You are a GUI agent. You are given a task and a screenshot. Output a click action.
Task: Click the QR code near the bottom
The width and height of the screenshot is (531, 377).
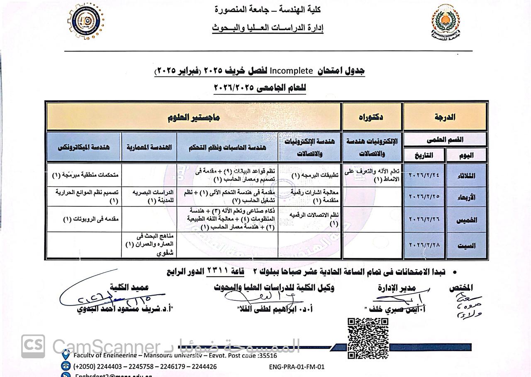pyautogui.click(x=368, y=338)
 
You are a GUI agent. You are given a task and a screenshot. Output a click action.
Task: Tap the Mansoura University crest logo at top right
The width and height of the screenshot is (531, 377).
pyautogui.click(x=445, y=22)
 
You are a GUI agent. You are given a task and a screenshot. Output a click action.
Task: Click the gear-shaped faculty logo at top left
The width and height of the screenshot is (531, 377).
pyautogui.click(x=86, y=21)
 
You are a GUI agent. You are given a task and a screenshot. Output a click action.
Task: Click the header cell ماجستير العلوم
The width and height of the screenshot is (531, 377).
pyautogui.click(x=194, y=117)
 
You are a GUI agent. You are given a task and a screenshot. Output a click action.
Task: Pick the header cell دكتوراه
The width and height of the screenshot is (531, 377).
pyautogui.click(x=371, y=117)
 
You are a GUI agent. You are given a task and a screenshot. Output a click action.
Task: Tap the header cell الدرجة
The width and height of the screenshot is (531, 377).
pyautogui.click(x=445, y=117)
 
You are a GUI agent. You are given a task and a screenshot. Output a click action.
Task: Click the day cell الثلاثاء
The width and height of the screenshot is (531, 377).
pyautogui.click(x=466, y=175)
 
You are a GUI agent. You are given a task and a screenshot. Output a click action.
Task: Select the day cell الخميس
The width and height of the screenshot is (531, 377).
pyautogui.click(x=466, y=220)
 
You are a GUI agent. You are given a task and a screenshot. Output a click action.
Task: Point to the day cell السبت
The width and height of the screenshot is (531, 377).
pyautogui.click(x=466, y=245)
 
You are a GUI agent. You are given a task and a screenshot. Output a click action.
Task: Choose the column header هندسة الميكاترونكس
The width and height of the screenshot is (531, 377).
pyautogui.click(x=84, y=147)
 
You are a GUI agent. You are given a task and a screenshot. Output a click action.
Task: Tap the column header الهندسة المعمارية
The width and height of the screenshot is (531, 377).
pyautogui.click(x=149, y=147)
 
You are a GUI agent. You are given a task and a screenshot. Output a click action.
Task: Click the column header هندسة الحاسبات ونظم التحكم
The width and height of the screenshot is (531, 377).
pyautogui.click(x=227, y=147)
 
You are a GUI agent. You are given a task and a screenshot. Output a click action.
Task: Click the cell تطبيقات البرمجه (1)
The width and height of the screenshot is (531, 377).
pyautogui.click(x=314, y=175)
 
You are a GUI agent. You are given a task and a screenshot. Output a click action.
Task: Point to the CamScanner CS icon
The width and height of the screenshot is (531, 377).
pyautogui.click(x=33, y=346)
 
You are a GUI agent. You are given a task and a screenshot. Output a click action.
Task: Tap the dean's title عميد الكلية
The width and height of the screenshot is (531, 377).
pyautogui.click(x=129, y=287)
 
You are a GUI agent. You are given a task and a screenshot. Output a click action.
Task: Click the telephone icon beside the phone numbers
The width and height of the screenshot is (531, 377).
pyautogui.click(x=66, y=366)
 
